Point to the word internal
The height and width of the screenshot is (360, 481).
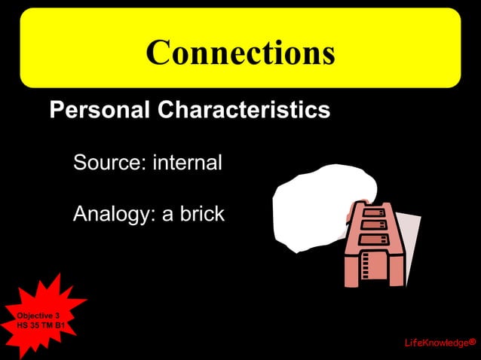tap(187, 162)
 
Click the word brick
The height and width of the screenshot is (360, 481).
tap(199, 214)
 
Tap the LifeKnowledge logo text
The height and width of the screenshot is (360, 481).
tap(436, 343)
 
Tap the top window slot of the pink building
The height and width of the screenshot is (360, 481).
tap(374, 212)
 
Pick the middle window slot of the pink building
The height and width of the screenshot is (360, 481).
tap(372, 225)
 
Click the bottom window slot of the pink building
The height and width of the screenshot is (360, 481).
tap(371, 239)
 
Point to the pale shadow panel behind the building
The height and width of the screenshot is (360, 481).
tap(407, 241)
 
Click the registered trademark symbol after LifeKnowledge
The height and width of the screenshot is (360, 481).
tap(472, 343)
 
